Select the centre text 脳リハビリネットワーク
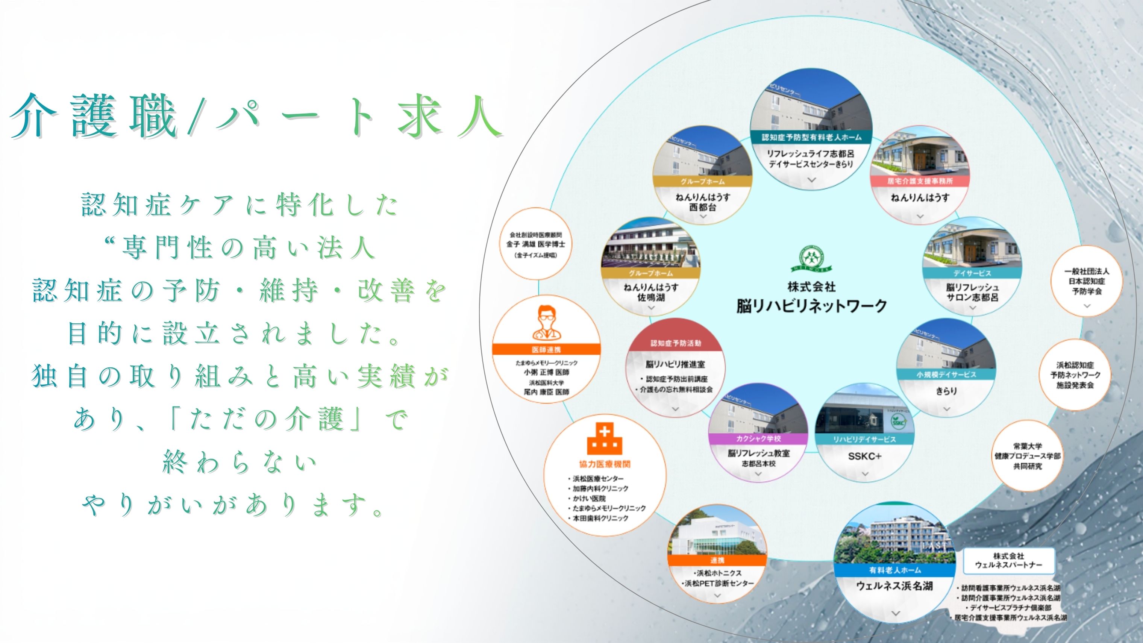click(x=811, y=306)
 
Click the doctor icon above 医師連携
click(x=546, y=322)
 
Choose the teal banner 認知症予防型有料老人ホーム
click(x=811, y=137)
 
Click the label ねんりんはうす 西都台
click(x=702, y=202)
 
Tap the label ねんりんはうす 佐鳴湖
click(x=651, y=293)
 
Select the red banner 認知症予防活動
click(x=675, y=343)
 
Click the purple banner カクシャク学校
click(x=758, y=438)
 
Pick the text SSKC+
click(x=864, y=456)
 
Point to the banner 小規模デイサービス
click(x=946, y=375)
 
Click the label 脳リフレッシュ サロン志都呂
click(x=972, y=293)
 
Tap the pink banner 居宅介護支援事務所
click(x=920, y=181)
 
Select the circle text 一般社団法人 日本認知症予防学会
click(x=1087, y=281)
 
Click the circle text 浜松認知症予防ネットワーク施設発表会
click(x=1075, y=375)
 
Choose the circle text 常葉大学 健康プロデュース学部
click(x=1027, y=456)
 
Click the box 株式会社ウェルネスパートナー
click(x=1008, y=560)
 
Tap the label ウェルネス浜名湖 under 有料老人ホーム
click(x=894, y=586)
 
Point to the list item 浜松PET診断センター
click(x=719, y=583)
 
